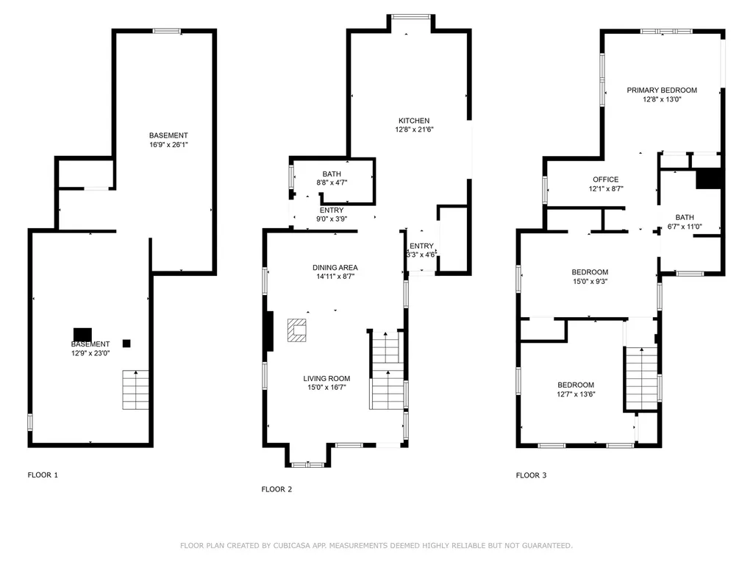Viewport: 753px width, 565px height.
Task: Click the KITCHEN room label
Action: click(414, 121)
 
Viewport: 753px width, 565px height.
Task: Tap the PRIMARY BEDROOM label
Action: click(662, 90)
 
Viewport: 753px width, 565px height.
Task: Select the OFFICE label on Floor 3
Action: click(606, 180)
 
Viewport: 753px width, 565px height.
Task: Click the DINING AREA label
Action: click(335, 268)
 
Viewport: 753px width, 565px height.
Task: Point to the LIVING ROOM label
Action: click(326, 379)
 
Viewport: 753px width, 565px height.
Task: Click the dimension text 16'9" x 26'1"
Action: click(168, 145)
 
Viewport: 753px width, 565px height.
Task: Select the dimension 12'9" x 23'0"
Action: click(90, 353)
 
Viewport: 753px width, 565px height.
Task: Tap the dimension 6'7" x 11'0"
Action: click(685, 227)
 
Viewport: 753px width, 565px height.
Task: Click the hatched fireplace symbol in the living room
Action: click(297, 330)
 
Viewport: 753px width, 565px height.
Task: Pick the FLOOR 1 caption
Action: click(43, 475)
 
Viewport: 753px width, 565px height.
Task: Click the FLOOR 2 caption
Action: click(276, 489)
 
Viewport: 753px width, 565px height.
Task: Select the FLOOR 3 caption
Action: click(531, 476)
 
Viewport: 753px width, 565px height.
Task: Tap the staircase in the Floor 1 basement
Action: click(135, 390)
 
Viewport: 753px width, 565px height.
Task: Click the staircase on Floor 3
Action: click(641, 378)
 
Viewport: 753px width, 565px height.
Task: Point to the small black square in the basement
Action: click(126, 344)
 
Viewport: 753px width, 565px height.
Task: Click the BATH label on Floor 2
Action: click(332, 174)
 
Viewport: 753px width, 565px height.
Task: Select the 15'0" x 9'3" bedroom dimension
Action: click(590, 282)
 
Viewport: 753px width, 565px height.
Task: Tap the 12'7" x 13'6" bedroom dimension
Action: click(576, 394)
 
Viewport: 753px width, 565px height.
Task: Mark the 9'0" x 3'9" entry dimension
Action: click(332, 219)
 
